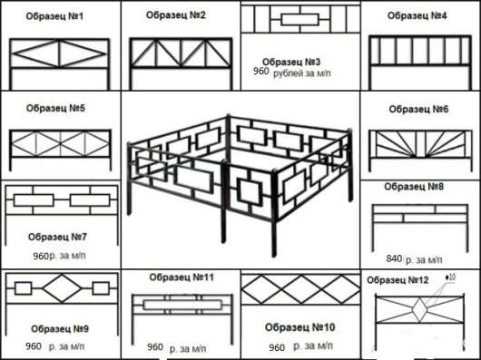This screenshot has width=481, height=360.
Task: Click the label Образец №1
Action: [x=54, y=16]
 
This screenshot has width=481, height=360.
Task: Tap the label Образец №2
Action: [x=175, y=15]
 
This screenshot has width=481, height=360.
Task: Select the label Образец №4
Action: [x=417, y=15]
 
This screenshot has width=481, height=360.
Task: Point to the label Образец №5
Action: [x=55, y=108]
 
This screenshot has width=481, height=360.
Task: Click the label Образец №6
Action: [x=418, y=109]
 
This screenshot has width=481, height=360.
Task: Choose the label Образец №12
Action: [x=398, y=280]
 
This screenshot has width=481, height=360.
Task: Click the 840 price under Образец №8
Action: [x=394, y=259]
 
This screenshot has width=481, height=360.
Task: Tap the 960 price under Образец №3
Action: [x=261, y=72]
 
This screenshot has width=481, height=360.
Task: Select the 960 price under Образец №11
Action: [x=155, y=347]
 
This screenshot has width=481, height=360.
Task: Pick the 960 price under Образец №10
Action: [x=277, y=347]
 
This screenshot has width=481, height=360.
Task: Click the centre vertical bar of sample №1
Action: [x=60, y=54]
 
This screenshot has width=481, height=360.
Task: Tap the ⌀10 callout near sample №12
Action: [x=450, y=277]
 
